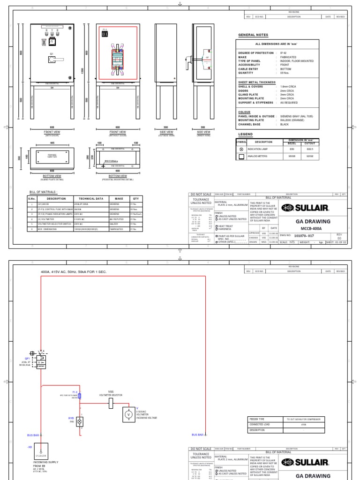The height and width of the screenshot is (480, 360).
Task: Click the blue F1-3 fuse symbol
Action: point(80,396)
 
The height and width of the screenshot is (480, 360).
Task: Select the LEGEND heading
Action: point(246,134)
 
